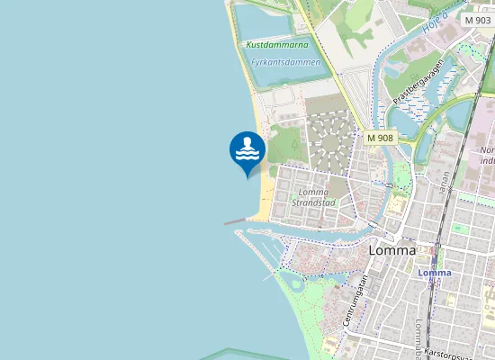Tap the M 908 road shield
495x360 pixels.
coord(381,138)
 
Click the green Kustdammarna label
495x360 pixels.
coord(276,44)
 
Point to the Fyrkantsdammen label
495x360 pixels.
coord(285,63)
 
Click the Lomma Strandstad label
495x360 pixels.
coord(313,197)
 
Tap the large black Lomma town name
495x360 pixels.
coord(392,250)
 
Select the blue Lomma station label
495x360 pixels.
coord(435,273)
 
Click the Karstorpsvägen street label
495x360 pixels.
coord(450,354)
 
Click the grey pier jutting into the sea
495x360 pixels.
coord(236,220)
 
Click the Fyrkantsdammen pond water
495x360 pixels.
coord(288,75)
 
